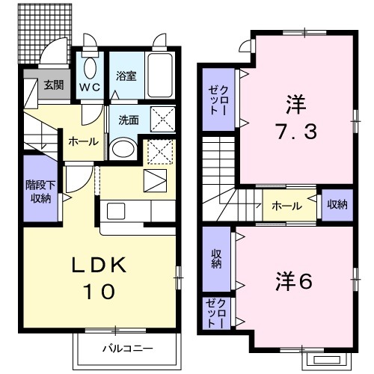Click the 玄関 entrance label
[x=52, y=85]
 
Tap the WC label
[x=91, y=85]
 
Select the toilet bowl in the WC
[x=91, y=67]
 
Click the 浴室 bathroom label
[x=126, y=76]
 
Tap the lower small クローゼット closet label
[x=218, y=313]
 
